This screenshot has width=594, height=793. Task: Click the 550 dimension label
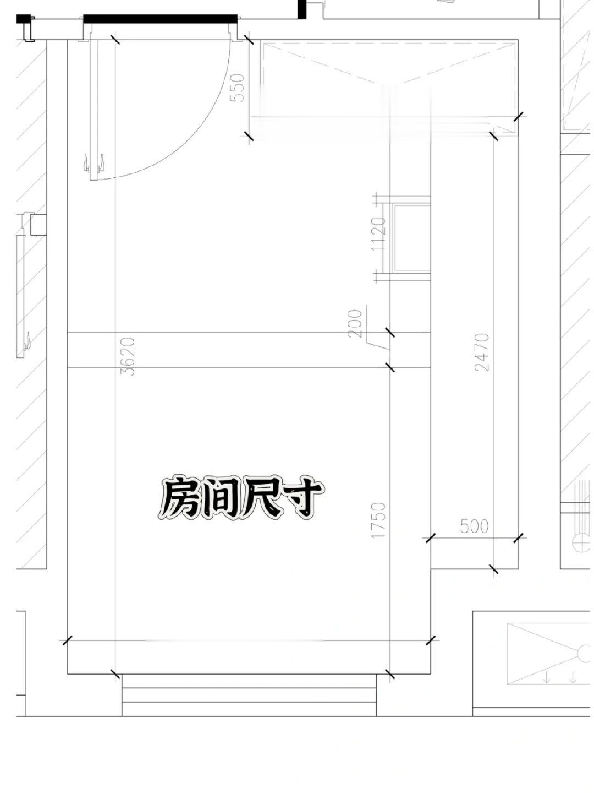[238, 88]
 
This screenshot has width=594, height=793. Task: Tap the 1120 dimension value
[379, 234]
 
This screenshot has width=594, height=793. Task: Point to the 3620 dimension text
[128, 356]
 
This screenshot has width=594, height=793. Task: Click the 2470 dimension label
[482, 352]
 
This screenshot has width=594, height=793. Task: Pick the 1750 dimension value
[379, 520]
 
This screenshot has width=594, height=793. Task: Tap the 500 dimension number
[474, 526]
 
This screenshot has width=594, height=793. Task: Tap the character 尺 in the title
[263, 498]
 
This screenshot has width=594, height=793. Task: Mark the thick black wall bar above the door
[160, 19]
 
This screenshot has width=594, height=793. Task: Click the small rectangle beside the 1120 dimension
[410, 238]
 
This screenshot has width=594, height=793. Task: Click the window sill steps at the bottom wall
[249, 694]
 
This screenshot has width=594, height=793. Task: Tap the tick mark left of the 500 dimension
[430, 538]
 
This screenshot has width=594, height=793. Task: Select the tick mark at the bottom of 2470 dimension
[493, 569]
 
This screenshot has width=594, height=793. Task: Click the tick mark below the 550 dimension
[249, 136]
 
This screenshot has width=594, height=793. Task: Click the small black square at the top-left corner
[23, 19]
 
